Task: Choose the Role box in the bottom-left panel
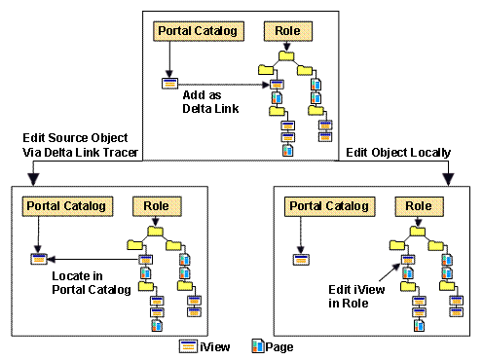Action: pos(156,206)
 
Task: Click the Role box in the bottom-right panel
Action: pos(420,206)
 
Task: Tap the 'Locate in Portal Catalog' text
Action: pos(87,283)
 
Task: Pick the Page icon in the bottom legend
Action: pos(258,344)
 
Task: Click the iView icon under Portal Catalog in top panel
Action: pos(169,83)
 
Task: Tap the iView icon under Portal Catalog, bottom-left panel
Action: pos(38,259)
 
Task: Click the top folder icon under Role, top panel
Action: pos(286,56)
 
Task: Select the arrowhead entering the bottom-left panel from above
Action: pos(32,178)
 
